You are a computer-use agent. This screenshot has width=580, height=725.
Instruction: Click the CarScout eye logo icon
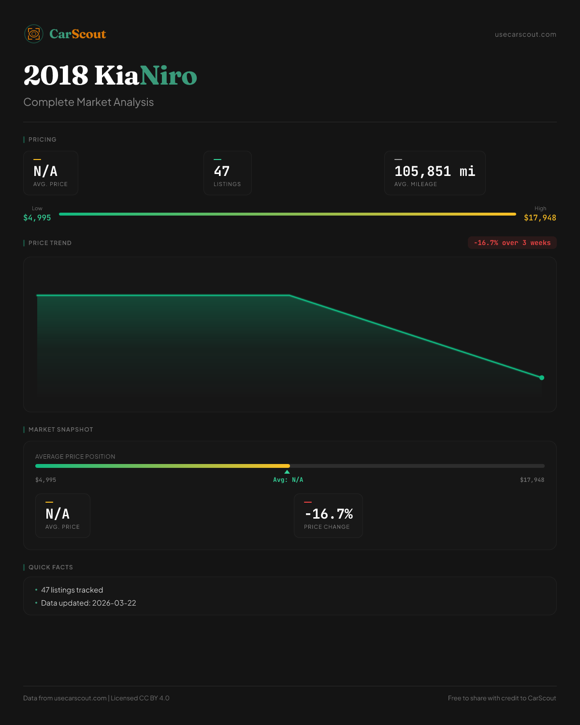(x=34, y=34)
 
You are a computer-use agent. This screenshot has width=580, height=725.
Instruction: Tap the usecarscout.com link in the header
(x=525, y=34)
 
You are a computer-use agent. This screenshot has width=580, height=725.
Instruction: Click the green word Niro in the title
(x=168, y=76)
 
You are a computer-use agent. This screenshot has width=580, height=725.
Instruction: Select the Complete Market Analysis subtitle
(x=88, y=102)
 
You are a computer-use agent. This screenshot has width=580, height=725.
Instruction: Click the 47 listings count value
(x=222, y=171)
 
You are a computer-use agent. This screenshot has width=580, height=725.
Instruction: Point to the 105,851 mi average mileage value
(x=435, y=171)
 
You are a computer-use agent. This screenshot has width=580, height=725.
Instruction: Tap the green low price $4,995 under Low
(x=37, y=218)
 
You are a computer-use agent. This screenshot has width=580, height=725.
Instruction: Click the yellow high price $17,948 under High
(x=540, y=218)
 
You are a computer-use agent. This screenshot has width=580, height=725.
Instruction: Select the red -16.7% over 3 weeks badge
(x=512, y=243)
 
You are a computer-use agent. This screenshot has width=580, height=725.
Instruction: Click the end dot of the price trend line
(x=542, y=377)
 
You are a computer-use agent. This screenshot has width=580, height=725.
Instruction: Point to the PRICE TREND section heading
(x=50, y=243)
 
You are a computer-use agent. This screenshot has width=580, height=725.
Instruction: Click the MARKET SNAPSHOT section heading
(x=60, y=430)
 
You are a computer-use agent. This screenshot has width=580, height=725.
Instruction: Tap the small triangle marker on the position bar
(x=287, y=472)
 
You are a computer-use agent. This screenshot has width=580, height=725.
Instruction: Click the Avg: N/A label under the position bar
(x=288, y=480)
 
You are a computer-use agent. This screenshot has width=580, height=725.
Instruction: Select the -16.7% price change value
(x=329, y=514)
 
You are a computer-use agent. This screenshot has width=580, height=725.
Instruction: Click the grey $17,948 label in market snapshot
(x=532, y=480)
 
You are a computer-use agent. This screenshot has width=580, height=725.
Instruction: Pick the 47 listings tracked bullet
(x=72, y=590)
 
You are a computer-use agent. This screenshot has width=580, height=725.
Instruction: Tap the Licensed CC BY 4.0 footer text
(x=140, y=698)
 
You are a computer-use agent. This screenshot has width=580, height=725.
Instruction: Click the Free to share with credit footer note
(x=502, y=698)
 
